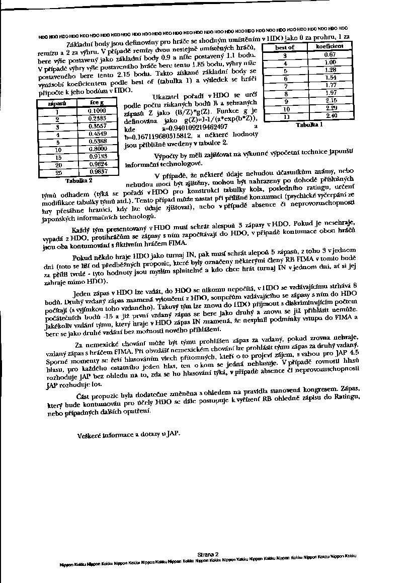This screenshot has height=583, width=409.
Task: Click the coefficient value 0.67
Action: click(x=330, y=54)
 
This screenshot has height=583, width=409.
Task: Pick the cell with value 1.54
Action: click(x=330, y=78)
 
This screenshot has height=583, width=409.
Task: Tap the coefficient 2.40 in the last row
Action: click(x=331, y=116)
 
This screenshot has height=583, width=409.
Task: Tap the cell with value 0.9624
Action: click(x=97, y=164)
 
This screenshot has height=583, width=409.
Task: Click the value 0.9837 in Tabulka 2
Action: click(x=97, y=171)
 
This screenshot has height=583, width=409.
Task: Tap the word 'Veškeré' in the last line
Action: click(x=91, y=433)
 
